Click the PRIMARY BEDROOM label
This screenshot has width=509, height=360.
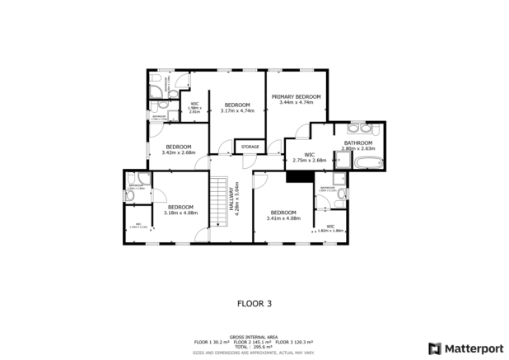tap(297, 96)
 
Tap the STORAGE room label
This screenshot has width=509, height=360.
tap(250, 147)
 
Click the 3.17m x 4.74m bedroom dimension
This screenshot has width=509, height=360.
tap(237, 110)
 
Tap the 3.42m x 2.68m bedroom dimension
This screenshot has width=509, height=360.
tap(178, 152)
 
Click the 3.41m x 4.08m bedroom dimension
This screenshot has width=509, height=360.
tap(284, 218)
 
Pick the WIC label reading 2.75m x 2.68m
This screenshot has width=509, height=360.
tap(310, 160)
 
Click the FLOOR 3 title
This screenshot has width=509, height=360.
tap(254, 303)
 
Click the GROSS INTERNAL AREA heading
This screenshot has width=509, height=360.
tap(254, 337)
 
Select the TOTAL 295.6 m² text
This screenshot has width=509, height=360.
tap(254, 346)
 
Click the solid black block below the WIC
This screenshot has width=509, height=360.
tap(296, 175)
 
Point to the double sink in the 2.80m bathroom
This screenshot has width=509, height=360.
tap(361, 129)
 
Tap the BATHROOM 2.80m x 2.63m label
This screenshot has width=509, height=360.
tap(358, 146)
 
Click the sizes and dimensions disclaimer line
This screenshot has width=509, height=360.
tap(254, 352)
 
